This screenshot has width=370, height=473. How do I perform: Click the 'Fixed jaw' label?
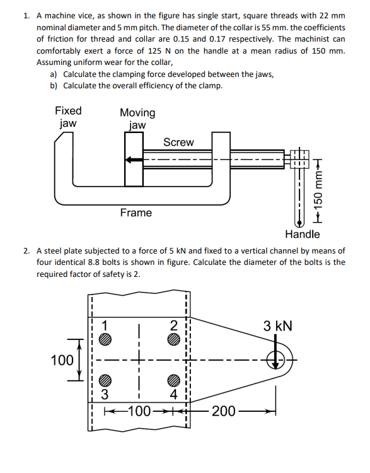pyautogui.click(x=67, y=117)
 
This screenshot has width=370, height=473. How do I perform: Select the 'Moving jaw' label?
pyautogui.click(x=137, y=119)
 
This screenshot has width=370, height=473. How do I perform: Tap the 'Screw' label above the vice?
pyautogui.click(x=178, y=143)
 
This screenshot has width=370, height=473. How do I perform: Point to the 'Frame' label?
pyautogui.click(x=136, y=213)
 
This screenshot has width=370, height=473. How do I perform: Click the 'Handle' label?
pyautogui.click(x=302, y=235)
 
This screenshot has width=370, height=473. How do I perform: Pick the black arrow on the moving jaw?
pyautogui.click(x=134, y=160)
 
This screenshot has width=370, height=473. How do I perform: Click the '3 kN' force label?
pyautogui.click(x=277, y=327)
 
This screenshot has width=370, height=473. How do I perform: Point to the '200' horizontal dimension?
pyautogui.click(x=224, y=412)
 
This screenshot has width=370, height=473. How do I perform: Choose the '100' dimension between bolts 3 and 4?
pyautogui.click(x=139, y=412)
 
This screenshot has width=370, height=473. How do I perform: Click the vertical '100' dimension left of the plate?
pyautogui.click(x=63, y=360)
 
